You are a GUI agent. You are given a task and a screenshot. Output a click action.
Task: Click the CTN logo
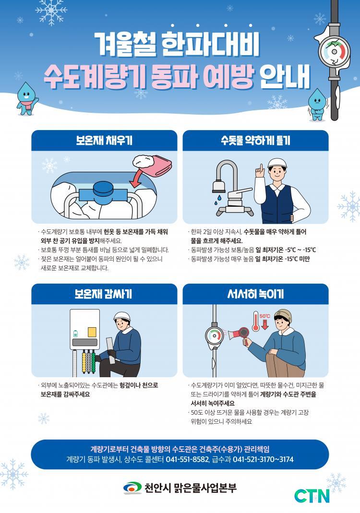(x=312, y=496)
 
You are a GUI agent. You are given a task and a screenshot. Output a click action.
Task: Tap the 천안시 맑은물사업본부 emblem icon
(x=132, y=488)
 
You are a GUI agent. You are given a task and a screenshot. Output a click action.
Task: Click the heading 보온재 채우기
(x=105, y=141)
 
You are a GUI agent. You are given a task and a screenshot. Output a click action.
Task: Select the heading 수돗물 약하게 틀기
(x=255, y=141)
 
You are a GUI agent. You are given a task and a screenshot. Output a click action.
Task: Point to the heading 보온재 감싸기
(x=103, y=294)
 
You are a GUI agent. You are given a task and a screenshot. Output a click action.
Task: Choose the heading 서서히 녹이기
(x=255, y=294)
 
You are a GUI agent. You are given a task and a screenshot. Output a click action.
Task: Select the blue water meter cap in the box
(x=104, y=189)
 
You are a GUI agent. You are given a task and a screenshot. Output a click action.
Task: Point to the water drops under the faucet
(x=218, y=200)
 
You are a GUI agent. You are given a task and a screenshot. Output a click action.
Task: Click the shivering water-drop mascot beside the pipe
(x=317, y=105)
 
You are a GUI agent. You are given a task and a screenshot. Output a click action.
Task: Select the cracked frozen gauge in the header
(x=334, y=51)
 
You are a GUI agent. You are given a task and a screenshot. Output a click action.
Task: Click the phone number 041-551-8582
(x=187, y=459)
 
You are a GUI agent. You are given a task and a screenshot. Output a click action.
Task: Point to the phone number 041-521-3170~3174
(x=263, y=459)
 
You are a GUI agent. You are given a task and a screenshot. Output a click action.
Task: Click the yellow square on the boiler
(x=92, y=332)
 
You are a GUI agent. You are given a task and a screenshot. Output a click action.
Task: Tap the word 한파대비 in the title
(x=210, y=44)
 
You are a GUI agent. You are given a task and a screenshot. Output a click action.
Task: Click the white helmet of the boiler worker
(x=122, y=316)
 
